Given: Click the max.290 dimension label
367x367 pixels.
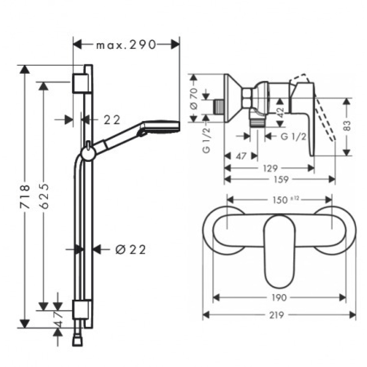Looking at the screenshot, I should point(126,45).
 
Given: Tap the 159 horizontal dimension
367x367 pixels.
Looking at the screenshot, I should point(281,179).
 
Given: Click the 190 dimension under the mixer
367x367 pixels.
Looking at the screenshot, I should point(279,297).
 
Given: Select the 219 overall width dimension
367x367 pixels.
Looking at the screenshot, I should point(279,315).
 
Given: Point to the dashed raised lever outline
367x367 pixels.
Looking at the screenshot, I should point(326,118).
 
